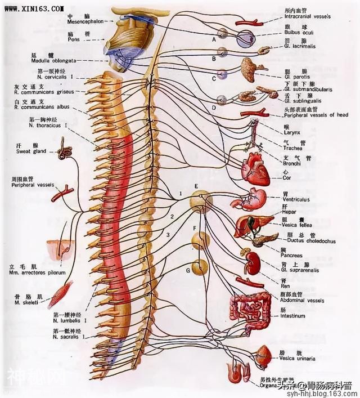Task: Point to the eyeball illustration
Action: pyautogui.click(x=246, y=39)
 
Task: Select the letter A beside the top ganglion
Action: pyautogui.click(x=214, y=41)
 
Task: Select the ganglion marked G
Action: pyautogui.click(x=200, y=266)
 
